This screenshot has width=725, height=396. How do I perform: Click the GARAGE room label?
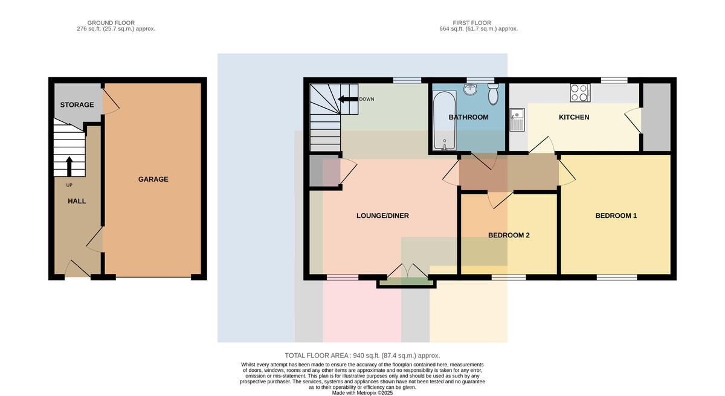point(153,179)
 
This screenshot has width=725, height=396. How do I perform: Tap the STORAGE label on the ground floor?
point(77,105)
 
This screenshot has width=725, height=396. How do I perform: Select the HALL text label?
point(77,201)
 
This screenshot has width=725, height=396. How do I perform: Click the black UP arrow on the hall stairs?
point(69,167)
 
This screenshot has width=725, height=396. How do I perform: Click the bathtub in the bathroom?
point(445,121)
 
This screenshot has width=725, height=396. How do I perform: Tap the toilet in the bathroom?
point(493,94)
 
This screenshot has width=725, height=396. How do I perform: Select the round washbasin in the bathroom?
point(469,89)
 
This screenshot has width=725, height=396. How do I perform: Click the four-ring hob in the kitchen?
point(580,93)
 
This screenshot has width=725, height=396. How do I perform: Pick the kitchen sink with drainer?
point(517,120)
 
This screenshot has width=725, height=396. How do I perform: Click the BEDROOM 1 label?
point(616,216)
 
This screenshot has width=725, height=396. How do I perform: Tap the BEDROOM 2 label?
point(509,235)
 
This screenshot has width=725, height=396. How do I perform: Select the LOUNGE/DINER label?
point(382,216)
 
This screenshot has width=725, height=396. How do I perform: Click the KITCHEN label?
point(574,117)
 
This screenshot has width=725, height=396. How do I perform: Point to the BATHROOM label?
point(468,117)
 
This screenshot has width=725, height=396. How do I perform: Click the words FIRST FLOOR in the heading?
point(472,22)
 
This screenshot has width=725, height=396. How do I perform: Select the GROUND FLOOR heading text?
point(111,22)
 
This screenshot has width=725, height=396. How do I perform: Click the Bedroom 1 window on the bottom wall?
point(617,277)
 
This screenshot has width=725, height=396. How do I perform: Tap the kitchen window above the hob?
point(614,80)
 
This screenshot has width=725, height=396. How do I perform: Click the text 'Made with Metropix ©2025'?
point(362,393)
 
